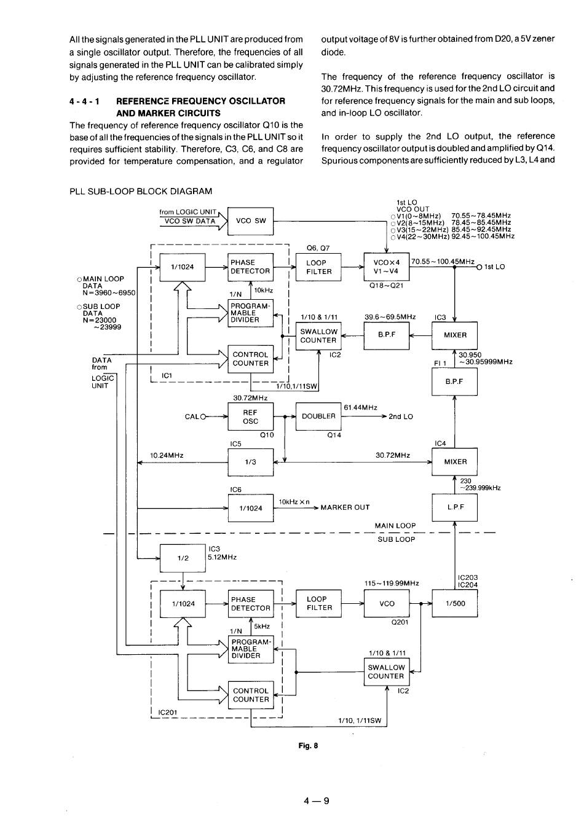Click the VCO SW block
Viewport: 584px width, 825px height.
[250, 221]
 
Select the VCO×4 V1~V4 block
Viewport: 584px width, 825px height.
[386, 267]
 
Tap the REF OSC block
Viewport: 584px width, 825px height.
[250, 417]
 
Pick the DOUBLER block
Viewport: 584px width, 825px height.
[318, 416]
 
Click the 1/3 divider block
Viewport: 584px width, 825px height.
[250, 462]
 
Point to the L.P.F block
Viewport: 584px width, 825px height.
[454, 507]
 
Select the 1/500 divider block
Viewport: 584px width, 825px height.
[455, 604]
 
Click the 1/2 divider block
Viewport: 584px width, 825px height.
[183, 558]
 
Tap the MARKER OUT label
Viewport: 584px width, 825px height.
[345, 507]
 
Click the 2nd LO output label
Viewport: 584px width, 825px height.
[401, 416]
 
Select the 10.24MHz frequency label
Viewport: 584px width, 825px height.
[167, 455]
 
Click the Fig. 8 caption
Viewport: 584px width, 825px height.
[308, 746]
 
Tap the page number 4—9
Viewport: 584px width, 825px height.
[316, 800]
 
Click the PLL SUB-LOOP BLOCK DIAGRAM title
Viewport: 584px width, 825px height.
[141, 192]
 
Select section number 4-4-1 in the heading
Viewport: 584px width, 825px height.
[85, 101]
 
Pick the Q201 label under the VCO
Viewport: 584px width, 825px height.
[400, 622]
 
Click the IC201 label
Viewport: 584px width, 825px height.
[167, 713]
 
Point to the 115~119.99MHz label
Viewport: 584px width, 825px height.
[392, 583]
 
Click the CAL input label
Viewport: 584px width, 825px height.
[192, 416]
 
